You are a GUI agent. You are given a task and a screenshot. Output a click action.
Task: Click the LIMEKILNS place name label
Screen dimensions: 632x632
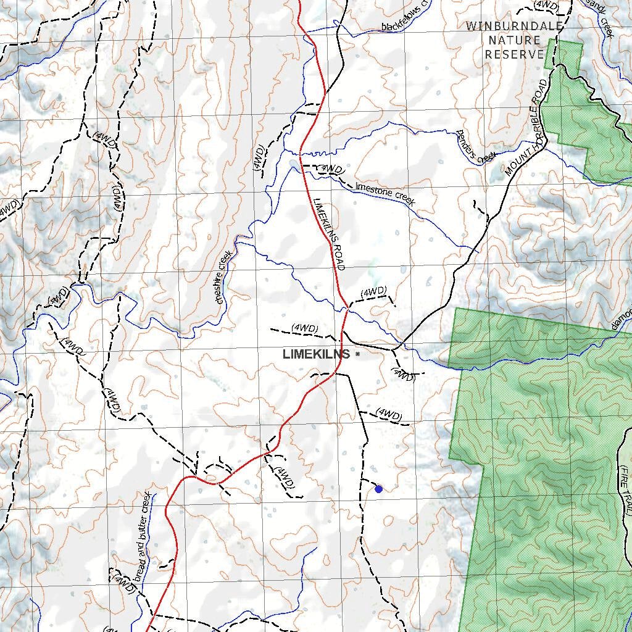[316, 354]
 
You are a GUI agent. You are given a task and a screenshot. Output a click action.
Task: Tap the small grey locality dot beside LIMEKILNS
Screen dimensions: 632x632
[357, 354]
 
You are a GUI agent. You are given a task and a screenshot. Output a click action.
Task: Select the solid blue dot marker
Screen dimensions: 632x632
[378, 489]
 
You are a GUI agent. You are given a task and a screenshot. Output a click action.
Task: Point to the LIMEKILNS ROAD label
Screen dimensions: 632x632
[328, 234]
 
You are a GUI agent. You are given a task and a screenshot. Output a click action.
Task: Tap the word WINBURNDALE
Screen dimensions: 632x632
[514, 26]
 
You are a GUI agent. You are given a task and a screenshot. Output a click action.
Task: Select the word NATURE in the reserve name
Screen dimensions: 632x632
[514, 40]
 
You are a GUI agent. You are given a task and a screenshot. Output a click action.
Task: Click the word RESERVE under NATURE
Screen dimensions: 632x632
[514, 54]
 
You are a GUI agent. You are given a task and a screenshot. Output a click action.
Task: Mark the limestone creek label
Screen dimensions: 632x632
[386, 194]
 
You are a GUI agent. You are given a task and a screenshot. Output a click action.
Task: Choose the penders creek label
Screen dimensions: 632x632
[476, 147]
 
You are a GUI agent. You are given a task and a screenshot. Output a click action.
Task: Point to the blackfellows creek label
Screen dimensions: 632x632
[407, 23]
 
